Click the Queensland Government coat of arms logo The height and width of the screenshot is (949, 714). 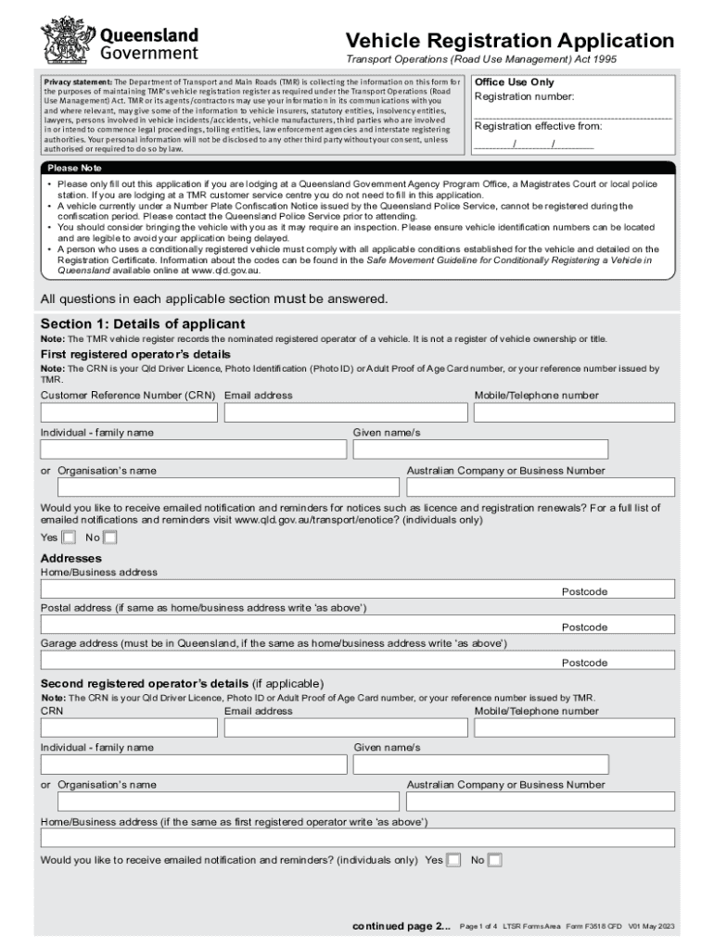(64, 40)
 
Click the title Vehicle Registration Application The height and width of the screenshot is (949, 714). (509, 41)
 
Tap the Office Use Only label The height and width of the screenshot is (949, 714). (514, 82)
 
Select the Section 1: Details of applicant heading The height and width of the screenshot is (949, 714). (143, 323)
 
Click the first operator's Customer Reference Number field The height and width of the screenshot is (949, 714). (128, 412)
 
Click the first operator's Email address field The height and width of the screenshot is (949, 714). (345, 412)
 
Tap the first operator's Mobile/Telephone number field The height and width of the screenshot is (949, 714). (573, 412)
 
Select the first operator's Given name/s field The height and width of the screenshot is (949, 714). (480, 449)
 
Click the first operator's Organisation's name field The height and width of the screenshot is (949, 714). (227, 487)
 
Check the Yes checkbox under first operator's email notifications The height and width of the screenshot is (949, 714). (69, 538)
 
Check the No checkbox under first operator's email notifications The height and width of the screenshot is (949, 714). (110, 538)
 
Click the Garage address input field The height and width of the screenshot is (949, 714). (356, 660)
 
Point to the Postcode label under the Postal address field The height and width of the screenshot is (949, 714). (584, 627)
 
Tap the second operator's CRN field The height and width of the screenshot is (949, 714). (128, 728)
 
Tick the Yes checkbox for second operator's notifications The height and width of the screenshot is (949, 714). (453, 860)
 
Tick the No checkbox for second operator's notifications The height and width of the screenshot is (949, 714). (494, 860)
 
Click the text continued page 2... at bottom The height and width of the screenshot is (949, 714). (402, 926)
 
